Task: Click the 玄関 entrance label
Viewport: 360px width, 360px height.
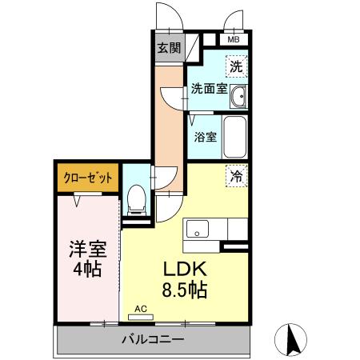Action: pyautogui.click(x=169, y=47)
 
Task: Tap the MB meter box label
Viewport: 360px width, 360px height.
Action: pyautogui.click(x=234, y=38)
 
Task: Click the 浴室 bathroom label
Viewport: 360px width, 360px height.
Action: pyautogui.click(x=205, y=136)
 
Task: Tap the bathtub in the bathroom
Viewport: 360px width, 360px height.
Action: pyautogui.click(x=234, y=138)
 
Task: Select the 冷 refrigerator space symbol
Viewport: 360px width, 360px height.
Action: pyautogui.click(x=237, y=174)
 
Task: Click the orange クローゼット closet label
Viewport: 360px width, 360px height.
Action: pyautogui.click(x=89, y=176)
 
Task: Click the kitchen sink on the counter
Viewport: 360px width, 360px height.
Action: pyautogui.click(x=196, y=230)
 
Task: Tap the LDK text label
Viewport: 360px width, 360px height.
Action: pyautogui.click(x=186, y=270)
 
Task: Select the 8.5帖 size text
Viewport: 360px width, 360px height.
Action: pyautogui.click(x=186, y=290)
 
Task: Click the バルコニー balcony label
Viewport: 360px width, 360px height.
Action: pyautogui.click(x=153, y=339)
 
